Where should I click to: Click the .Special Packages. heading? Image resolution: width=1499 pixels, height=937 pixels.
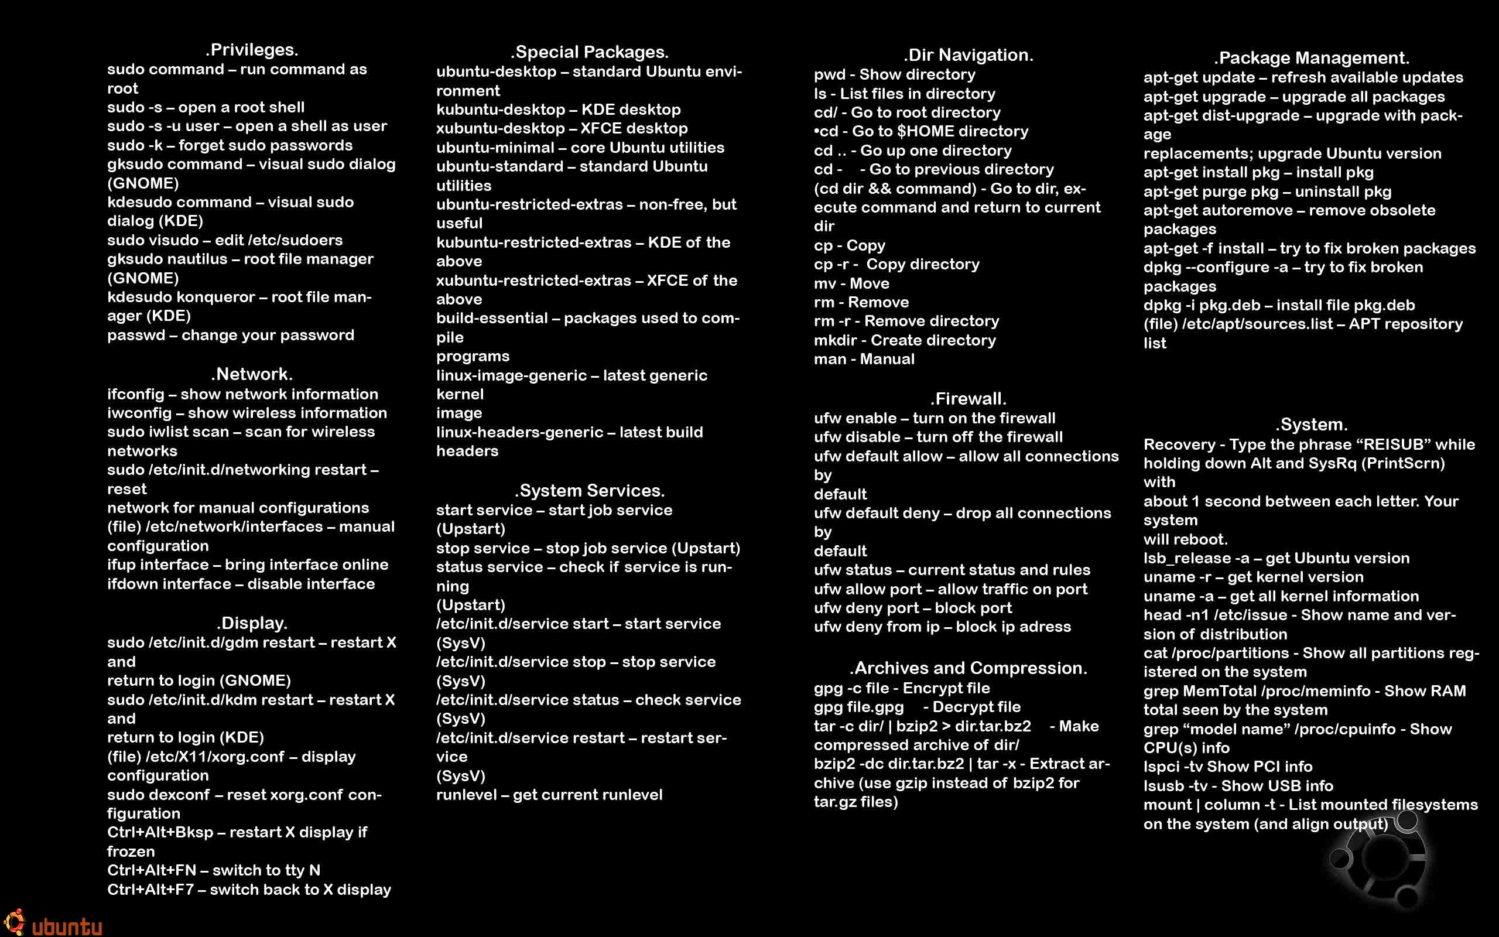[x=589, y=52]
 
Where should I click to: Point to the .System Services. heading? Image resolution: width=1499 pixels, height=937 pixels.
[x=589, y=491]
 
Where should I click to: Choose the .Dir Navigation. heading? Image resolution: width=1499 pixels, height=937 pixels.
[x=968, y=55]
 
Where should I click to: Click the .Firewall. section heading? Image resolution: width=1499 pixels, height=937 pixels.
[x=968, y=398]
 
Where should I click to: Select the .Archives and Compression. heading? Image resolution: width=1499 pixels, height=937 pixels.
[x=968, y=668]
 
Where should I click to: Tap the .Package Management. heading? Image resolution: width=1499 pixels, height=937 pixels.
[x=1311, y=58]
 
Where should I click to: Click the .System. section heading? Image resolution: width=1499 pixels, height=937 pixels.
[x=1311, y=425]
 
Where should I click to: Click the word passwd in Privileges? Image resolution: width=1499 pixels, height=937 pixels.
[x=136, y=335]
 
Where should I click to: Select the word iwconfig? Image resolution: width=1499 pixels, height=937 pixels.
[x=139, y=413]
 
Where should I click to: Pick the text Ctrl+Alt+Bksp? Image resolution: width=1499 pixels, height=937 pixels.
[x=160, y=832]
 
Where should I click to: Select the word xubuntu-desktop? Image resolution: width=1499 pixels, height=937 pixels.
[x=500, y=129]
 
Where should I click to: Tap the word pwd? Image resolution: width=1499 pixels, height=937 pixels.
[x=829, y=75]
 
